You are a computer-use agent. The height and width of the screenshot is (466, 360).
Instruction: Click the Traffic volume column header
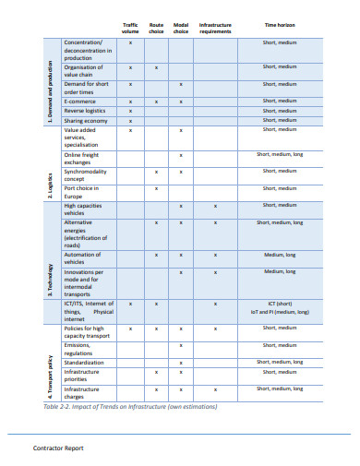tap(130, 29)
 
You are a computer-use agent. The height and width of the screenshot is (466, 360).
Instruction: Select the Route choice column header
tap(156, 29)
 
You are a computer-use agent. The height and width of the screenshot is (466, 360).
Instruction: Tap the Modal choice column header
tap(181, 29)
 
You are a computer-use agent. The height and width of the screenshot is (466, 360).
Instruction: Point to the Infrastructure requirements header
tap(215, 29)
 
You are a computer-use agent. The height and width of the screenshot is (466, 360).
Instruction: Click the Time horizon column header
tap(279, 26)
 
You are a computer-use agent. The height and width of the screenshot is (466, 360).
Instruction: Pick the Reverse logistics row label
tap(86, 111)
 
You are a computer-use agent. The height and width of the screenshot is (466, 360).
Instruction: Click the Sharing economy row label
tap(84, 120)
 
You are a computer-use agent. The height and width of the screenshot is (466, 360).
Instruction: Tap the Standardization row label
tap(84, 363)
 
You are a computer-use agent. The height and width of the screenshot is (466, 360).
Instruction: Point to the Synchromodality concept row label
tap(84, 174)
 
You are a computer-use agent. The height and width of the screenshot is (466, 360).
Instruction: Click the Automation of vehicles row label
tap(81, 258)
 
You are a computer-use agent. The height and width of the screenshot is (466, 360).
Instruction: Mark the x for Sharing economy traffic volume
tap(130, 120)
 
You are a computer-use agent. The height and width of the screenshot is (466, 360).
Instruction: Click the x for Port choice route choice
tap(156, 188)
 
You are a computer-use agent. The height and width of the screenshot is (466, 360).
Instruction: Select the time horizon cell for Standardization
tap(279, 363)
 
